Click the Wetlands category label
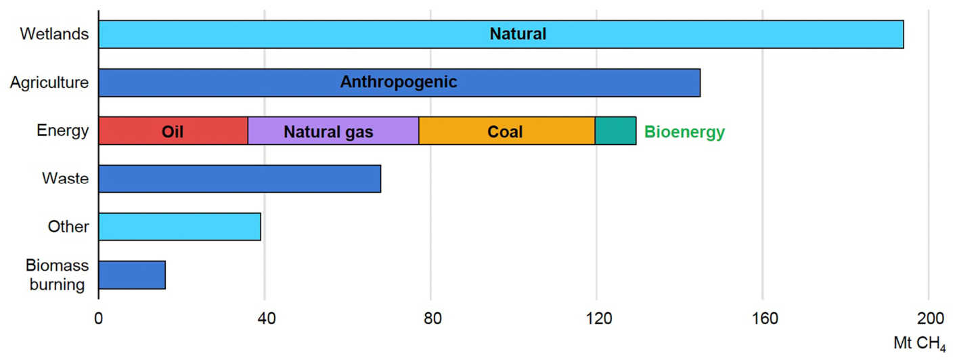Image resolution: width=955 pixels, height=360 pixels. click(54, 34)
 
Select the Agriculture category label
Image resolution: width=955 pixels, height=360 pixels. click(49, 83)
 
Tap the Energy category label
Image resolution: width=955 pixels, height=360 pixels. click(63, 131)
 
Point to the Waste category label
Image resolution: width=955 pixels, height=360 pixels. click(65, 178)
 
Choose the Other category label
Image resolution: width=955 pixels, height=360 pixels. click(68, 226)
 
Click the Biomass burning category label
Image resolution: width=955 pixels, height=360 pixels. click(57, 275)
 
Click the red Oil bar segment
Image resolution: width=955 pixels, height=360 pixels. click(173, 131)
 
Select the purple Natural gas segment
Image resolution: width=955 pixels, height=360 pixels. click(334, 131)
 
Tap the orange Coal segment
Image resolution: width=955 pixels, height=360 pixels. click(507, 131)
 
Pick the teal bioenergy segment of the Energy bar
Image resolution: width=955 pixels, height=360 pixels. click(616, 131)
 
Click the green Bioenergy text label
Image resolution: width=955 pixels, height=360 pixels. click(684, 132)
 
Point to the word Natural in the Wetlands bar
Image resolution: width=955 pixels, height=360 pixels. click(518, 34)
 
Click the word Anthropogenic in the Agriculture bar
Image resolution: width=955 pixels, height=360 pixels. click(399, 82)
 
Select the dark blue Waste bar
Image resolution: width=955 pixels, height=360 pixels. click(240, 179)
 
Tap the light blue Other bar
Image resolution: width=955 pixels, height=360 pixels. click(179, 227)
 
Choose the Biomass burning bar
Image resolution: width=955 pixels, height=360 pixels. click(132, 275)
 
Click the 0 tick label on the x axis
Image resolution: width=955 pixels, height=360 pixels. click(99, 318)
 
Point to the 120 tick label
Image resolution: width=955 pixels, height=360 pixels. click(598, 318)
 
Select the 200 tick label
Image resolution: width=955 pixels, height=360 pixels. click(930, 318)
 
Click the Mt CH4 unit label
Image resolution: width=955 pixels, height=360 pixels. click(920, 343)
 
